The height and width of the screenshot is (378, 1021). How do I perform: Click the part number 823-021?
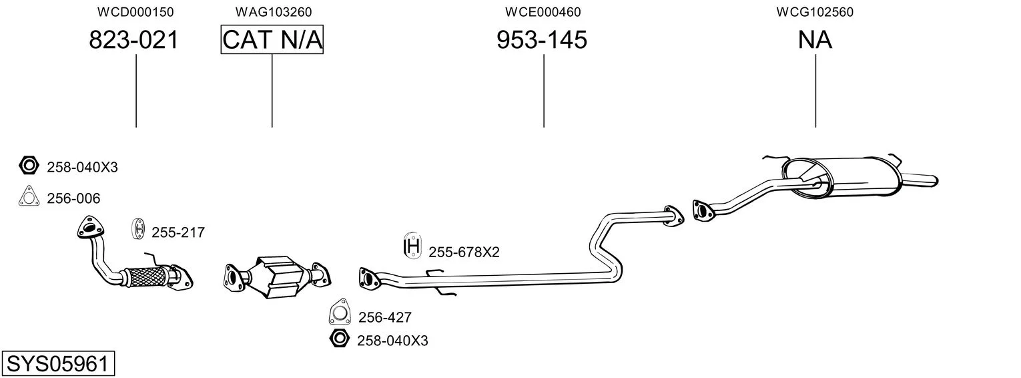(x=134, y=40)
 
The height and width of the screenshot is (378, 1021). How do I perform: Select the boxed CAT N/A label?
(x=272, y=40)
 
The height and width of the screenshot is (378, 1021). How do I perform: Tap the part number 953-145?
(x=542, y=40)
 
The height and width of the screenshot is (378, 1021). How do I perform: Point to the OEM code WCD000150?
(x=135, y=12)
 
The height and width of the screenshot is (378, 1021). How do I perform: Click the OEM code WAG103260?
(x=273, y=12)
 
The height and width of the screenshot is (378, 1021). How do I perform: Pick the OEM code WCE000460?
(x=543, y=12)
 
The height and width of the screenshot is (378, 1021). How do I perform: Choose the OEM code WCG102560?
(x=815, y=12)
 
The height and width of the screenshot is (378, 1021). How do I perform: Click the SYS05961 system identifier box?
(x=57, y=364)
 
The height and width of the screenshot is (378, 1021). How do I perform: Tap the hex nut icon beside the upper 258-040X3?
(x=28, y=166)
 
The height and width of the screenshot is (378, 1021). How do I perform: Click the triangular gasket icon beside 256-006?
(x=28, y=197)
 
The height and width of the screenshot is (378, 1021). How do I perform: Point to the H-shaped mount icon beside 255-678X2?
(x=414, y=247)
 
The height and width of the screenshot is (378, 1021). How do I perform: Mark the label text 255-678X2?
(x=464, y=252)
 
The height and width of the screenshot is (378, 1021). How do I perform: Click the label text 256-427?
(x=385, y=317)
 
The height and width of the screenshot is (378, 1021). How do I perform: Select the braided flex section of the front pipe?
(x=145, y=276)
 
